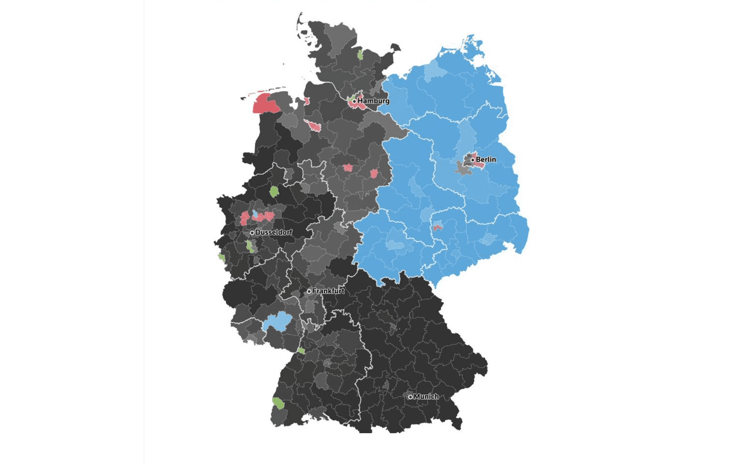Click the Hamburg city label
click(x=373, y=101)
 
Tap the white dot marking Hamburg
click(x=355, y=101)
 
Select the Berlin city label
click(x=486, y=159)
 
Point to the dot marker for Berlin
click(x=473, y=160)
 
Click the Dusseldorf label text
click(x=274, y=232)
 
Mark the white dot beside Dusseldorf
click(x=252, y=233)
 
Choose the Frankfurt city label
click(x=328, y=291)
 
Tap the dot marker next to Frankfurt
click(x=309, y=291)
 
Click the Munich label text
click(x=426, y=396)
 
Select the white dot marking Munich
click(x=410, y=397)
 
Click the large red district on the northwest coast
click(x=265, y=104)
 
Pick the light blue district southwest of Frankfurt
click(x=278, y=321)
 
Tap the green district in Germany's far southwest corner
click(x=278, y=403)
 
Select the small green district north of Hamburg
click(x=360, y=55)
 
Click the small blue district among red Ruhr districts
click(x=255, y=214)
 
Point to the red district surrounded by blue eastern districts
click(x=438, y=226)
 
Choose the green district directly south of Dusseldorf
click(x=250, y=246)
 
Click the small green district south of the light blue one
click(x=301, y=351)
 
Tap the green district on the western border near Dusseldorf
click(x=222, y=257)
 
